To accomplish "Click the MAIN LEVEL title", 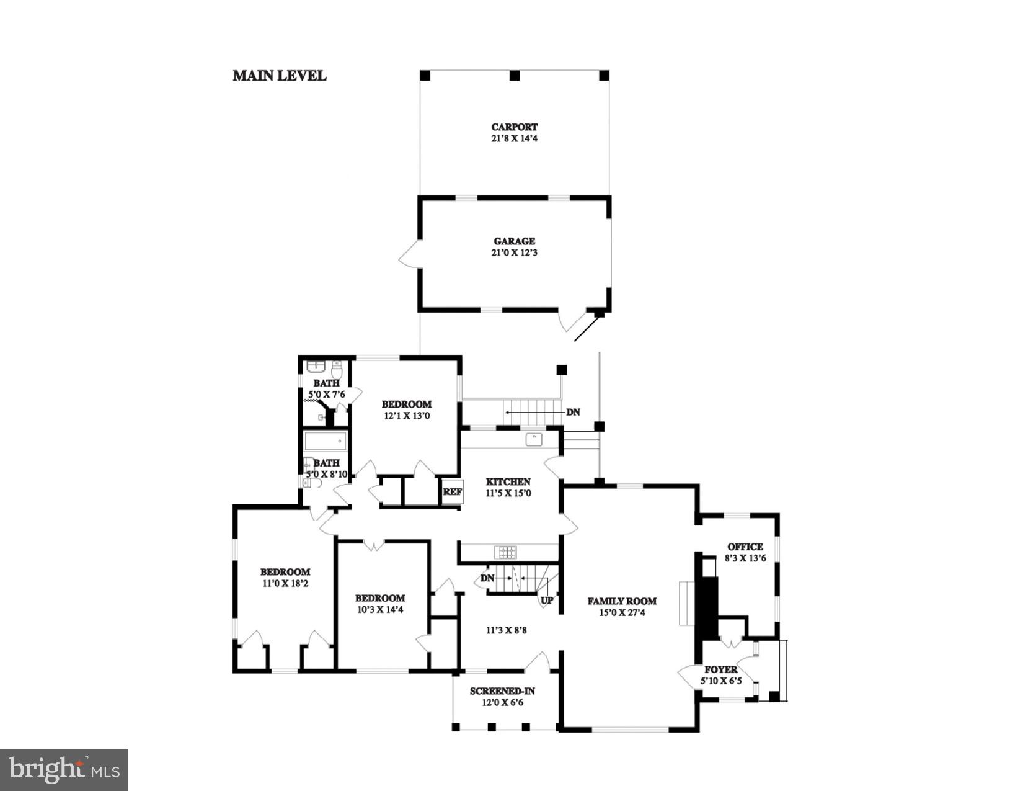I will pyautogui.click(x=280, y=76).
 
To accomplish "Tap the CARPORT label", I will pyautogui.click(x=514, y=127).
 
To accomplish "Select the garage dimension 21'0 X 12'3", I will pyautogui.click(x=514, y=253).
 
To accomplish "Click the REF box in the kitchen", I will pyautogui.click(x=452, y=491).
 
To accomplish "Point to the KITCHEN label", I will pyautogui.click(x=508, y=481).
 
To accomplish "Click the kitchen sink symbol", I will pyautogui.click(x=534, y=439).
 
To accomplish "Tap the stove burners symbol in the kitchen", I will pyautogui.click(x=505, y=552).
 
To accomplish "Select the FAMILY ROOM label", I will pyautogui.click(x=622, y=601).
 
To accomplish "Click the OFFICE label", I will pyautogui.click(x=745, y=547).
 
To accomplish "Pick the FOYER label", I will pyautogui.click(x=721, y=669).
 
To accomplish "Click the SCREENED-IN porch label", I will pyautogui.click(x=502, y=691).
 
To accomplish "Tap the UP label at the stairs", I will pyautogui.click(x=547, y=601).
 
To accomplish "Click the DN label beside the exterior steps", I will pyautogui.click(x=573, y=412).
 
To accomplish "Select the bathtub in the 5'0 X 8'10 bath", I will pyautogui.click(x=325, y=442).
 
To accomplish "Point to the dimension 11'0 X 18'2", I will pyautogui.click(x=285, y=583).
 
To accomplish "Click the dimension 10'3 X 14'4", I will pyautogui.click(x=380, y=609).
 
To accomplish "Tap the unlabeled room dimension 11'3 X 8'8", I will pyautogui.click(x=506, y=630).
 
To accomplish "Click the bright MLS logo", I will pyautogui.click(x=64, y=770).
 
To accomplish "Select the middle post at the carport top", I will pyautogui.click(x=514, y=76).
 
